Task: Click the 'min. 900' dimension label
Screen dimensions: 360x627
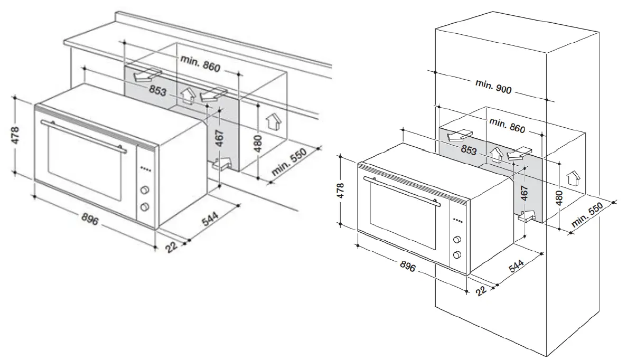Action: [493, 88]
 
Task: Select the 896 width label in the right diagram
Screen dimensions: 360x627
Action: [409, 267]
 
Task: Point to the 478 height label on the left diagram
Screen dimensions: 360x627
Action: [16, 135]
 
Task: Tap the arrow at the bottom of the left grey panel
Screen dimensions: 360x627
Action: [222, 165]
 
